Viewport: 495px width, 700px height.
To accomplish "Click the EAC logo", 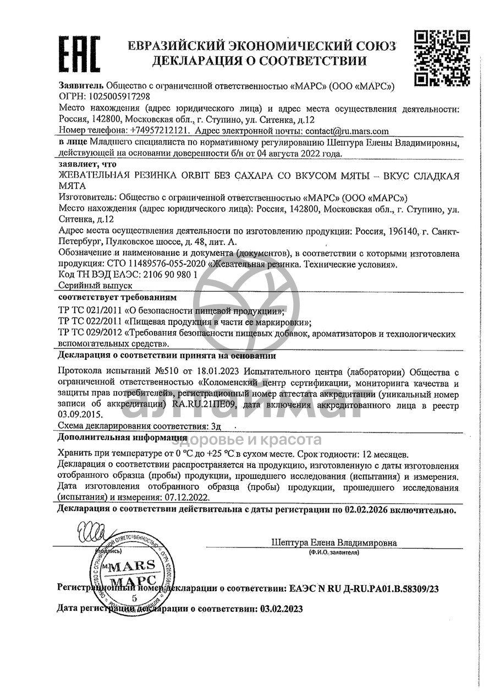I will pos(79,53).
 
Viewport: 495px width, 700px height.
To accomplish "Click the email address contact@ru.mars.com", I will pos(346,131).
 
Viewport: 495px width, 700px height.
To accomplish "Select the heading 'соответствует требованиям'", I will pos(117,298).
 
